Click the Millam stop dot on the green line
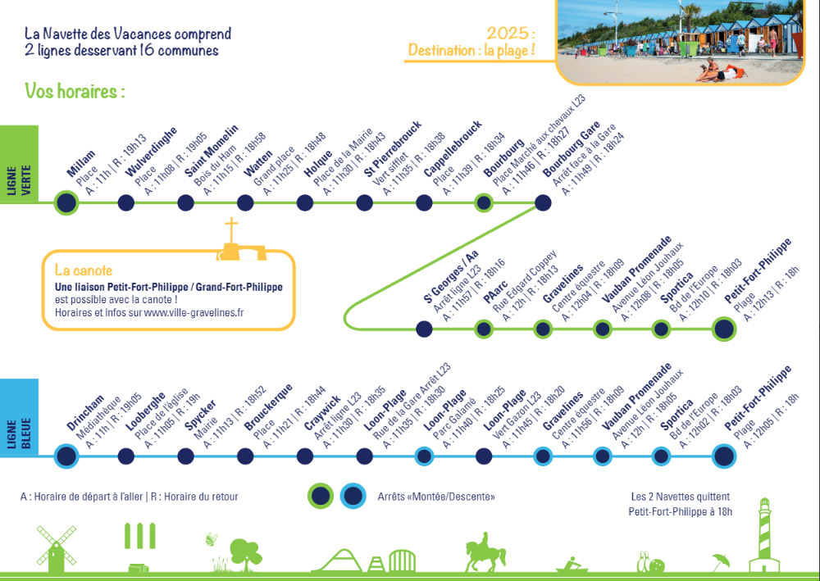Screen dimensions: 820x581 66,202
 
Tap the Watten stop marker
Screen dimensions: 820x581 245,202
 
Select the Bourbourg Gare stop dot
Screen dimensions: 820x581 543,202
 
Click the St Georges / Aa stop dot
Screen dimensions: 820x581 424,329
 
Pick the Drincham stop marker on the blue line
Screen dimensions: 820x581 66,456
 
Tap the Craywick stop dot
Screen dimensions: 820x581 305,456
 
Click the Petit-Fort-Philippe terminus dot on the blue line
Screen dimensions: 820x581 724,456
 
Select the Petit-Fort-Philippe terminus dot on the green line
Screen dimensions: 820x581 724,329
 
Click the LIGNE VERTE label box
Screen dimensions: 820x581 19,164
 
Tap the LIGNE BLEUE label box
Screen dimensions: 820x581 19,417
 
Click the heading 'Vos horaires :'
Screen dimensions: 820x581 75,92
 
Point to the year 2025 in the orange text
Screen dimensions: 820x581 508,34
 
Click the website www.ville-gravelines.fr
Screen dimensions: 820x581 194,312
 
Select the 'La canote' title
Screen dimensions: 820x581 84,270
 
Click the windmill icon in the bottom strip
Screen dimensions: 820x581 56,548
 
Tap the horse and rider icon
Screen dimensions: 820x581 485,552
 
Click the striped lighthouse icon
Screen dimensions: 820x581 764,535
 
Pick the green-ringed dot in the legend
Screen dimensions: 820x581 321,496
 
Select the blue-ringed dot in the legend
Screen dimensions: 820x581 353,496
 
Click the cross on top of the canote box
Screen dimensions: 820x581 231,230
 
